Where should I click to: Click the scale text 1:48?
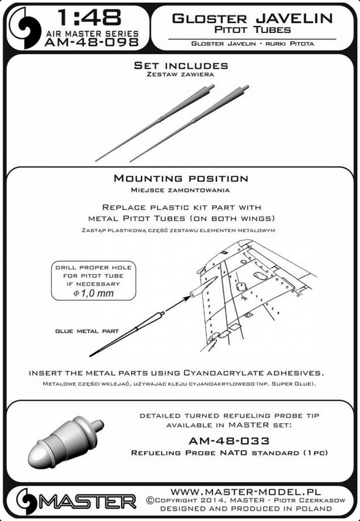(89, 17)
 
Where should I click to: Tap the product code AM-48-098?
(91, 42)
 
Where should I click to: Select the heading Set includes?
(181, 65)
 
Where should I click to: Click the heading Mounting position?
(181, 178)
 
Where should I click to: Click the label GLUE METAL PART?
(87, 331)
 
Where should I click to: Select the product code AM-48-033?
(229, 441)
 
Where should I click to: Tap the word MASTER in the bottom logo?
(88, 502)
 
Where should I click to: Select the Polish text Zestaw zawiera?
(180, 74)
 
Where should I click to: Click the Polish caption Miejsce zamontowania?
(180, 191)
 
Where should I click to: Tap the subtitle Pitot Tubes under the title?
(253, 30)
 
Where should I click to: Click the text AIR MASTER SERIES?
(92, 34)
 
